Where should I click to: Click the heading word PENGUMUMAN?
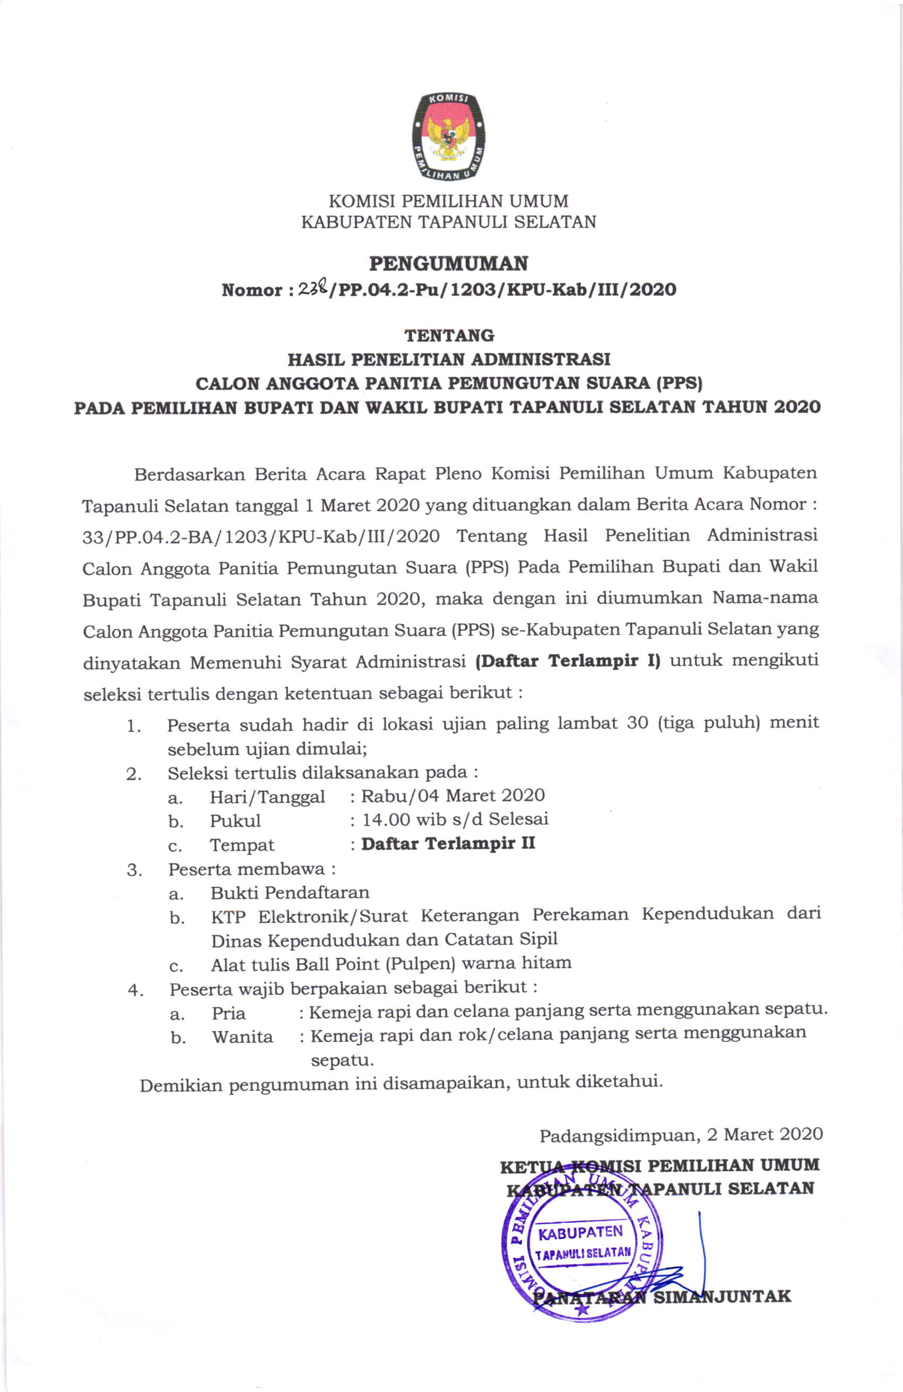click(448, 264)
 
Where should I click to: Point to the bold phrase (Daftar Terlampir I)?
click(568, 661)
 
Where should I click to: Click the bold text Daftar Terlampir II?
click(448, 843)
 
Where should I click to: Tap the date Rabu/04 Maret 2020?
click(453, 796)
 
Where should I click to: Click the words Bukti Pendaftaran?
click(289, 893)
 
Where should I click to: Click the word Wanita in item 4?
click(242, 1037)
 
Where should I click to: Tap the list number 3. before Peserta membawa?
click(134, 870)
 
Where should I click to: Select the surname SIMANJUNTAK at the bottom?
click(721, 1296)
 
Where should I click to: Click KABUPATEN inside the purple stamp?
click(581, 1232)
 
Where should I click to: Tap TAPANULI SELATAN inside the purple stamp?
click(583, 1253)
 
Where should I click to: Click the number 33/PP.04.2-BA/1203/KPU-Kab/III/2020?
click(261, 537)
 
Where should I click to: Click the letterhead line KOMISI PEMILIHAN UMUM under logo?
click(448, 201)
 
